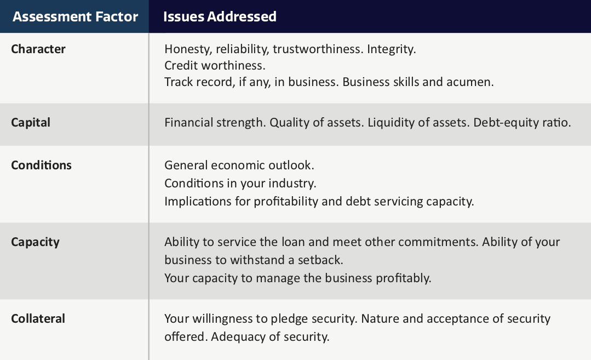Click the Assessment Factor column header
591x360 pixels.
tap(76, 16)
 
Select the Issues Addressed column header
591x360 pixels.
tap(220, 16)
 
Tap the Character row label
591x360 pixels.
tap(38, 49)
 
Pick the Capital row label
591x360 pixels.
tap(31, 123)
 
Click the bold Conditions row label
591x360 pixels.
tap(41, 165)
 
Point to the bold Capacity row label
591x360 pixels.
tap(35, 242)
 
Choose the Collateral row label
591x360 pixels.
tap(38, 318)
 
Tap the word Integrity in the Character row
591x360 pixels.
tap(391, 49)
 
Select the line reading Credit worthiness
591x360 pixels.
tap(215, 66)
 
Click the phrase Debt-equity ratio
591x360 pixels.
tap(522, 123)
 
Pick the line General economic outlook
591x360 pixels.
tap(239, 165)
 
